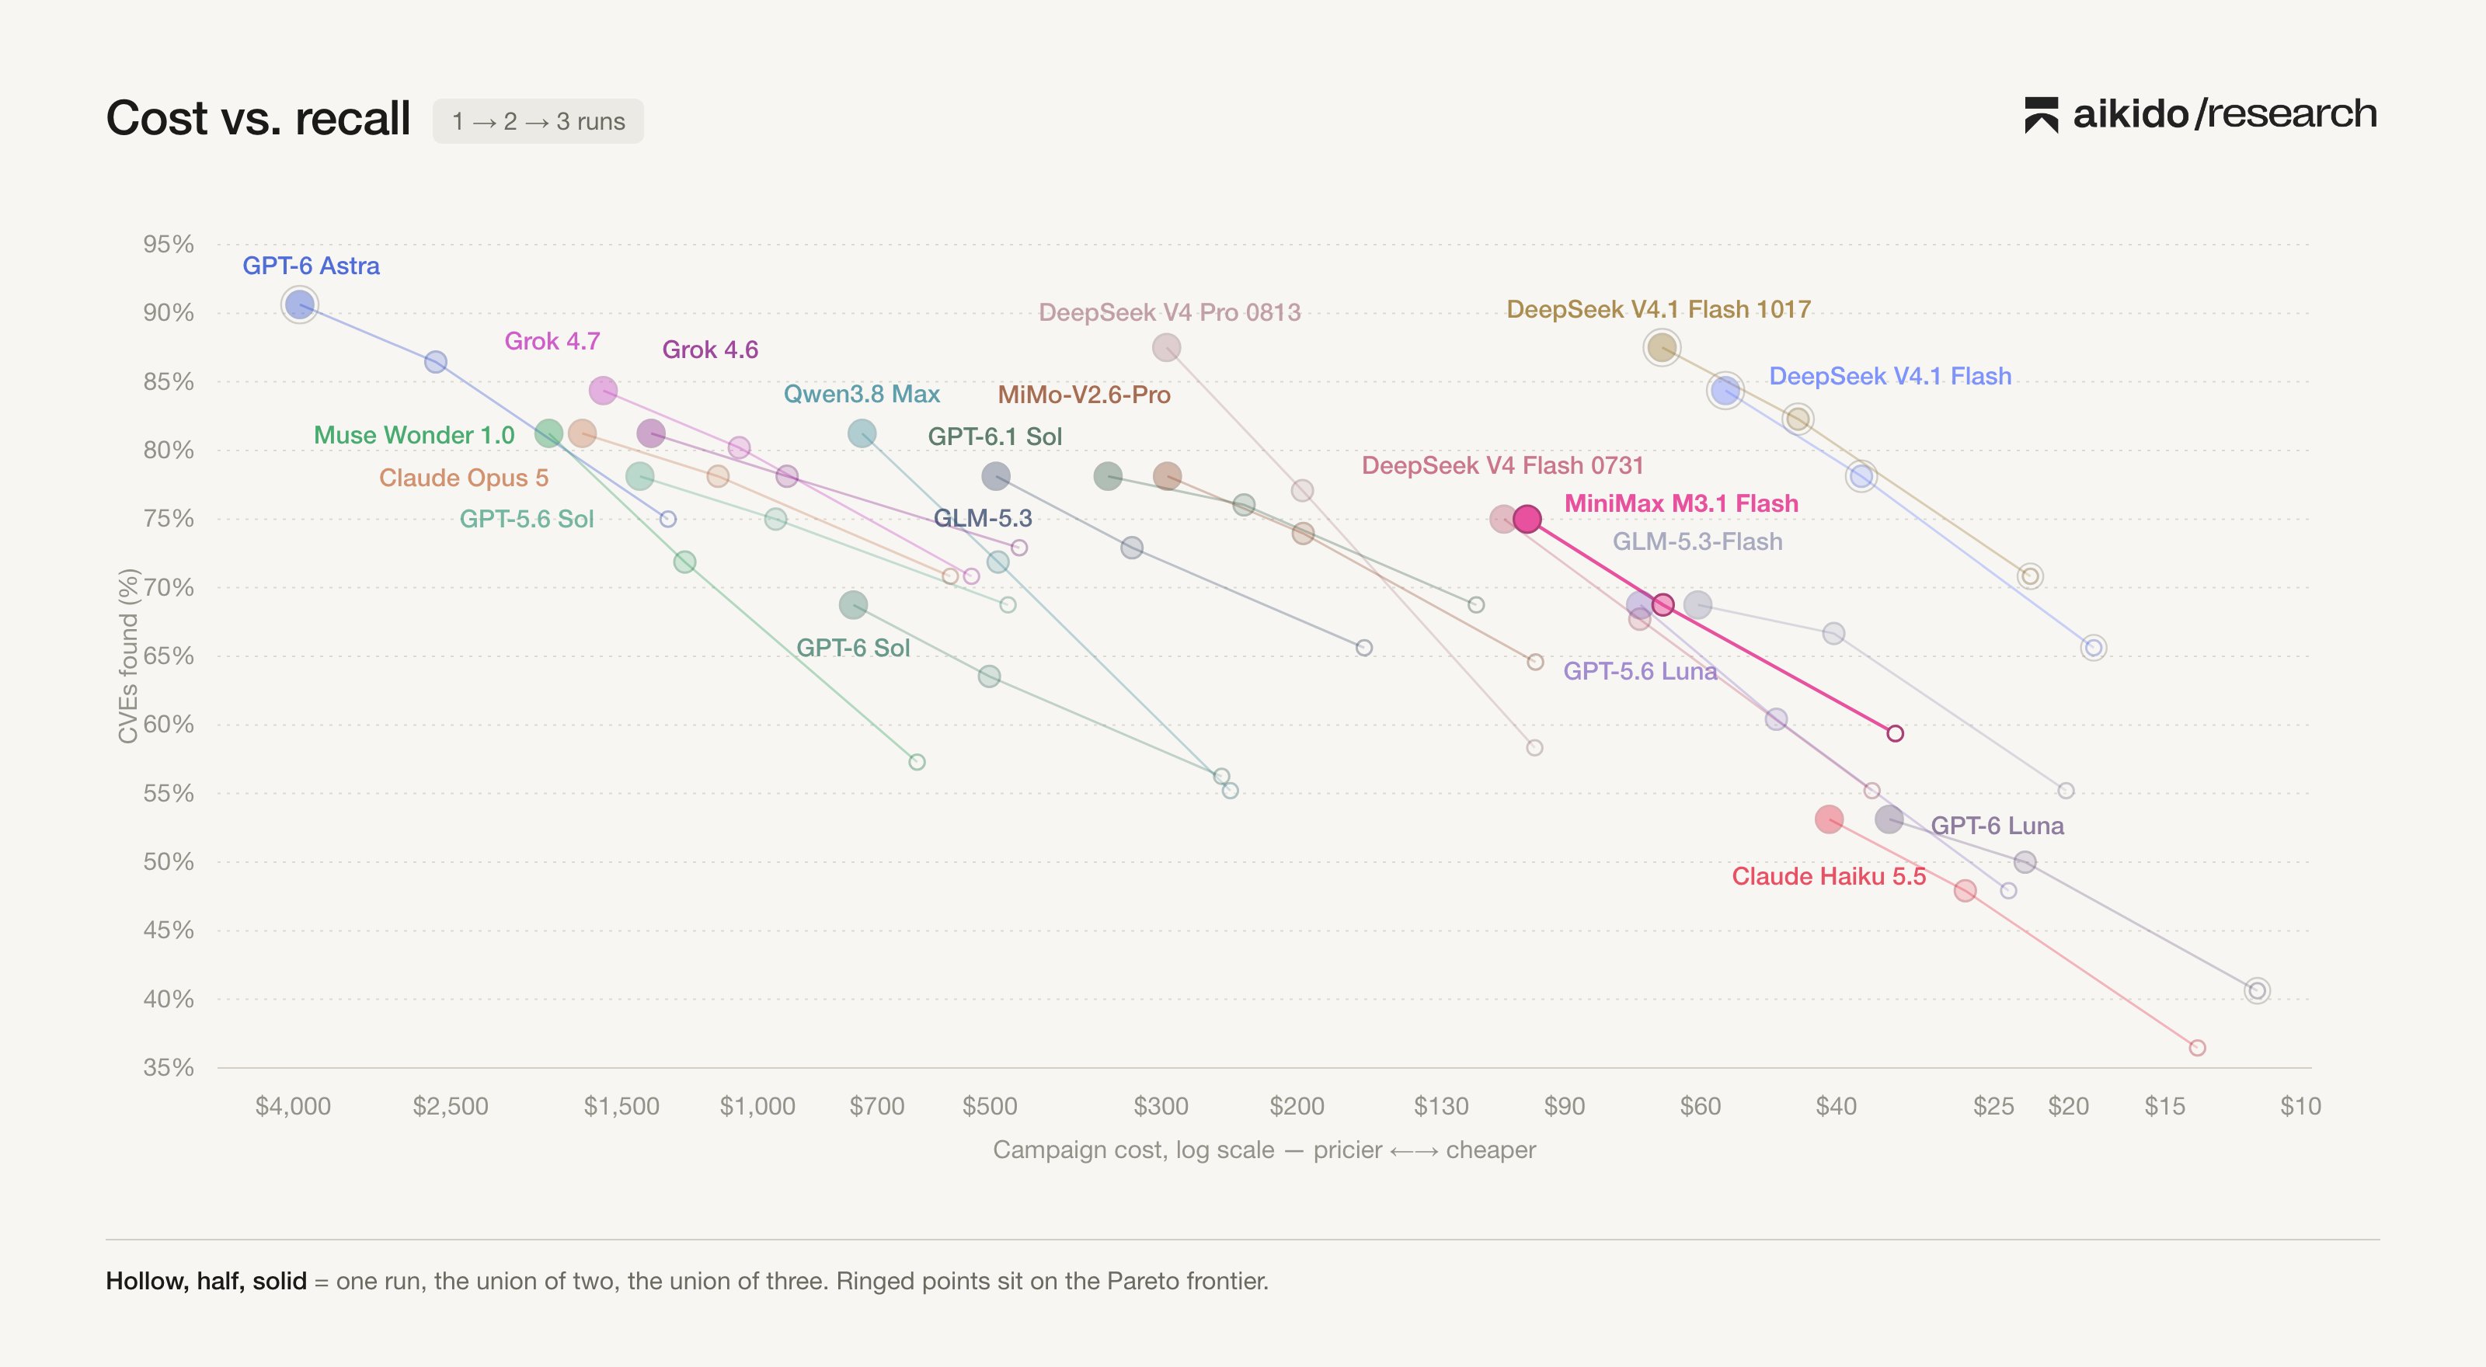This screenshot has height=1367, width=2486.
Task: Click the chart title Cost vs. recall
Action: coord(258,119)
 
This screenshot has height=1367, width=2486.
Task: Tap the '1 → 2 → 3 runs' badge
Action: coord(538,121)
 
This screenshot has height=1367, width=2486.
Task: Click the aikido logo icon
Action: coord(2041,115)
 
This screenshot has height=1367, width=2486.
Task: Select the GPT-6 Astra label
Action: coord(311,266)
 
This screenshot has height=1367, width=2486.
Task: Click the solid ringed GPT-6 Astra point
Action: coord(300,304)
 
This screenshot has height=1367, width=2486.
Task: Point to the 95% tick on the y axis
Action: coord(168,244)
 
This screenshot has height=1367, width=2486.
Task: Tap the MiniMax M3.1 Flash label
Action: coord(1681,503)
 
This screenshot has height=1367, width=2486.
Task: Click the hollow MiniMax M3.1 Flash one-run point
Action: coord(1896,733)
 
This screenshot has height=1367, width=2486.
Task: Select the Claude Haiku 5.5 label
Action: coord(1829,876)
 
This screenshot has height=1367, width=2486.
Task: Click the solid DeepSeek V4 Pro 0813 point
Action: coord(1166,347)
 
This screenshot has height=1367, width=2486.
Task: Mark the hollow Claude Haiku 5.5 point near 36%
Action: coord(2198,1048)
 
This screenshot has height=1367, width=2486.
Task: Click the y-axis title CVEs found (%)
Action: coord(128,656)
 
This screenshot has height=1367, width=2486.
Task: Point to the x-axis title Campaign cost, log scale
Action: coord(1133,1150)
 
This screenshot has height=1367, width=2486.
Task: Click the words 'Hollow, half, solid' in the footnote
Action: coord(207,1281)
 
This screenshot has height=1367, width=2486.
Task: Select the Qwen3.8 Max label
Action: coord(862,394)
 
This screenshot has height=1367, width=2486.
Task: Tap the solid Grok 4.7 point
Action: coord(603,391)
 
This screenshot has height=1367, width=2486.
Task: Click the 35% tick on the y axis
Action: coord(168,1067)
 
